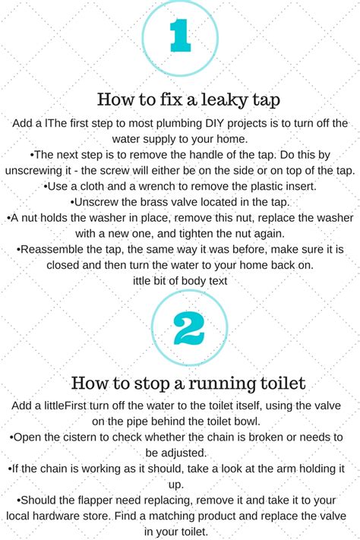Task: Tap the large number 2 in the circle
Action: pos(179,328)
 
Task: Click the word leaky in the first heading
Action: pos(202,99)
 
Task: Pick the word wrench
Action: pos(151,186)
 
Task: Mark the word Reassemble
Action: pos(54,249)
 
